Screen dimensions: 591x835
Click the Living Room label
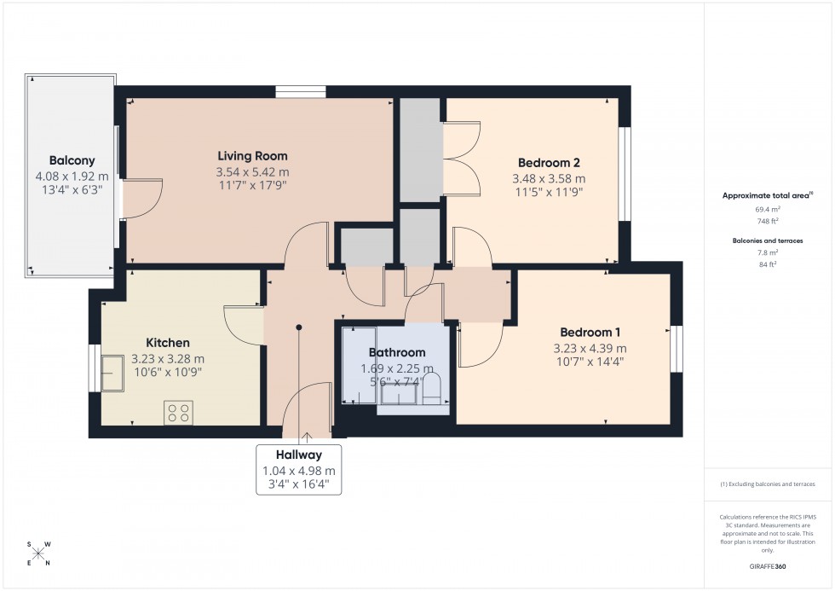(x=252, y=156)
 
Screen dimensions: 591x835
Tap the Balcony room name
(x=72, y=160)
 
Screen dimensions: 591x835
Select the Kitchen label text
(x=168, y=343)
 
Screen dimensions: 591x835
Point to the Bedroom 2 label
(x=549, y=162)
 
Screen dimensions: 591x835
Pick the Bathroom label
(x=396, y=352)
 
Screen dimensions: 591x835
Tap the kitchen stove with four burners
(x=180, y=414)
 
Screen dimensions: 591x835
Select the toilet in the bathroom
(x=432, y=389)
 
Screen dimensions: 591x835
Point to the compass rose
(x=38, y=553)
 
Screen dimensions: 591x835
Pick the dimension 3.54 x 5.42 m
(x=252, y=172)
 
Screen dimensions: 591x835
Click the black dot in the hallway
(x=299, y=327)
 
